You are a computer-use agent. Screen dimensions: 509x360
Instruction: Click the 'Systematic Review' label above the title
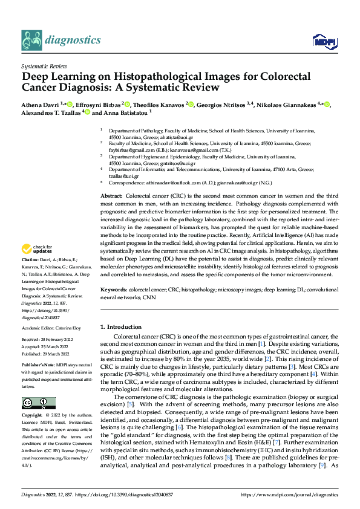(x=45, y=65)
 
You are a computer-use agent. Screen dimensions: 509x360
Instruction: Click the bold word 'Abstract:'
(x=111, y=196)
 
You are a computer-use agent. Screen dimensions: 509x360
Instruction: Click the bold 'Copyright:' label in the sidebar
(x=32, y=416)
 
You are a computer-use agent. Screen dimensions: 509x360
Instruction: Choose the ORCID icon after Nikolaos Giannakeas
(x=327, y=105)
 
